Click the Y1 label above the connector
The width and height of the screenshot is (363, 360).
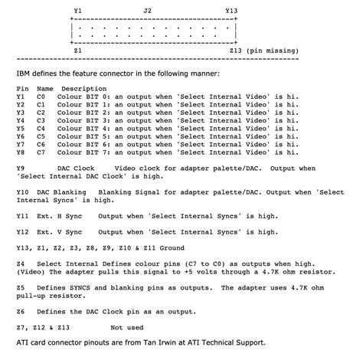click(78, 11)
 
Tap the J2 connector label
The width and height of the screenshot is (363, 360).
click(148, 11)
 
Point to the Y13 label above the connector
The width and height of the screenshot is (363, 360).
click(231, 11)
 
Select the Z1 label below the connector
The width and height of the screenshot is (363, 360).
click(78, 49)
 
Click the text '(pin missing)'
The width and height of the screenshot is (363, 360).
click(273, 49)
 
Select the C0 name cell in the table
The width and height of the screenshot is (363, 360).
click(41, 97)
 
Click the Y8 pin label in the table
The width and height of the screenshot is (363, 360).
click(21, 152)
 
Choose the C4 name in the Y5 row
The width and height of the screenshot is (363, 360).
click(41, 128)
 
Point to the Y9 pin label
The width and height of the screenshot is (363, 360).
click(21, 167)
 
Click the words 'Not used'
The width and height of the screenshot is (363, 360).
click(126, 326)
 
